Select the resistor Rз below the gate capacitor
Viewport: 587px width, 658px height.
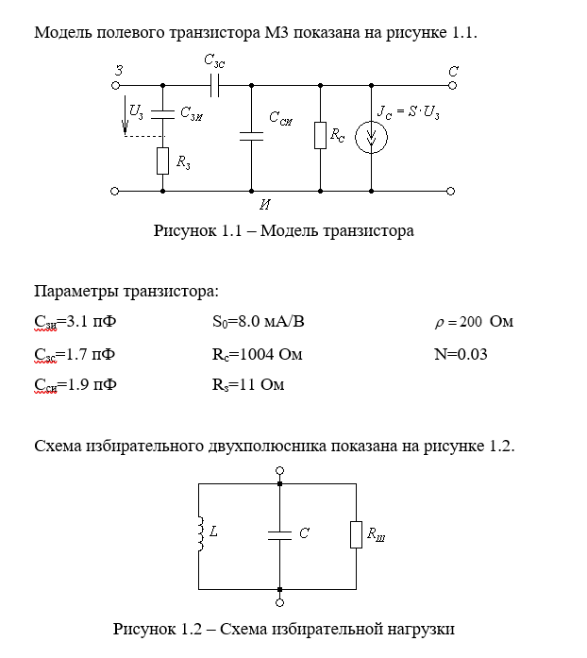pos(163,161)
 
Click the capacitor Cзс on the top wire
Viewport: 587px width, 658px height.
pos(215,85)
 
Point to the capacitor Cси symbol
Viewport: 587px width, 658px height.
pos(252,136)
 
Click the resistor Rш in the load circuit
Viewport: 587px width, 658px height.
pos(357,534)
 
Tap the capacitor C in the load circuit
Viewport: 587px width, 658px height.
pos(280,534)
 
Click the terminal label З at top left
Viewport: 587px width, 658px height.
pos(118,69)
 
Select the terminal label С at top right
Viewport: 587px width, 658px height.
pos(453,70)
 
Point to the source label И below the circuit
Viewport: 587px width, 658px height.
pos(266,203)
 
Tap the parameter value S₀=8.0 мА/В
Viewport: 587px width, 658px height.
pos(259,322)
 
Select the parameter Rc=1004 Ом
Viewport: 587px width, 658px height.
pos(258,354)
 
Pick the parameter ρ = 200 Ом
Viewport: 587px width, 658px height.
pos(474,322)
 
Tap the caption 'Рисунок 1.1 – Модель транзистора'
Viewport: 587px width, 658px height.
pos(283,230)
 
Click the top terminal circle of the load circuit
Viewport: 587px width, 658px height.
pos(280,470)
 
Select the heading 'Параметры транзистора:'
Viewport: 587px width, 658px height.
pos(126,290)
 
